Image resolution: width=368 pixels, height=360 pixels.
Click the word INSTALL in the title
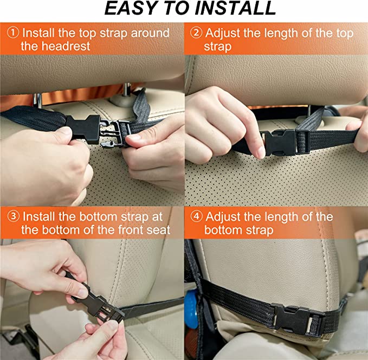[235, 9]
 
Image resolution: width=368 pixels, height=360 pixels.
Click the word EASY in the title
[130, 9]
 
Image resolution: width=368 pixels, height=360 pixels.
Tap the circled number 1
[13, 33]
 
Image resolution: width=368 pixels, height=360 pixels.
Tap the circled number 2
[196, 33]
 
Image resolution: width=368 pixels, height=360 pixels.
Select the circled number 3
[14, 216]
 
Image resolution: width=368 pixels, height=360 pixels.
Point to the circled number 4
[196, 216]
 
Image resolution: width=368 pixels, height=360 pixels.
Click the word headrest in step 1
[66, 46]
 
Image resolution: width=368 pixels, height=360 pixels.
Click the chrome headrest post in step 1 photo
[37, 100]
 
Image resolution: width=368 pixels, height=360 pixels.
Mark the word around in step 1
[150, 33]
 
